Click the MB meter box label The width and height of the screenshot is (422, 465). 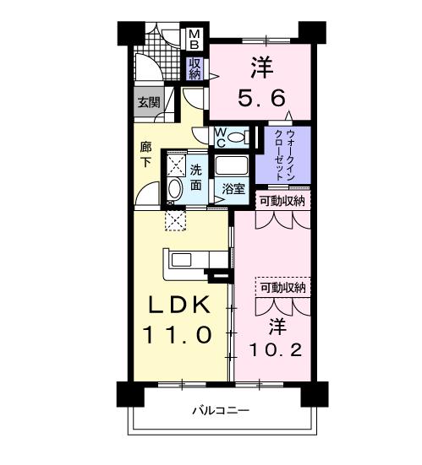195,39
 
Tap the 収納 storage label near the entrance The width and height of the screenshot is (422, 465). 195,68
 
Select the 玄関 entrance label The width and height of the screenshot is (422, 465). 149,102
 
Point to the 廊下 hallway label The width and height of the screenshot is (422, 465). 145,154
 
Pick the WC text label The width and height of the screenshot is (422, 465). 221,138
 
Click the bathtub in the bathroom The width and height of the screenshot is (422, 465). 232,165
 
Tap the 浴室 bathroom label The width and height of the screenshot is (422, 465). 233,188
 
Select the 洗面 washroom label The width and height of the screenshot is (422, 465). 196,177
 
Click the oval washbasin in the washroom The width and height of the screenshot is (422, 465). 175,189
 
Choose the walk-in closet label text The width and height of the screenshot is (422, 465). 284,155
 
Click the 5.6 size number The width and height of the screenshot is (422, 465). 262,98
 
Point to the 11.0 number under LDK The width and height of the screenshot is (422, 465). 178,334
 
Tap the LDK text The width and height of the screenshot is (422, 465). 179,305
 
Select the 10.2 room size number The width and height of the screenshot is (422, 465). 276,350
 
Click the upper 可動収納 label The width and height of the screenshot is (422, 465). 282,202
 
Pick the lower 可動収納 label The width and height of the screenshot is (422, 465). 283,287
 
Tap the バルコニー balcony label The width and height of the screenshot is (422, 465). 222,411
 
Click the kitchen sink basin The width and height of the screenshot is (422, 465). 182,260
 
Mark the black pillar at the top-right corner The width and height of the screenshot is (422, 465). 312,33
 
